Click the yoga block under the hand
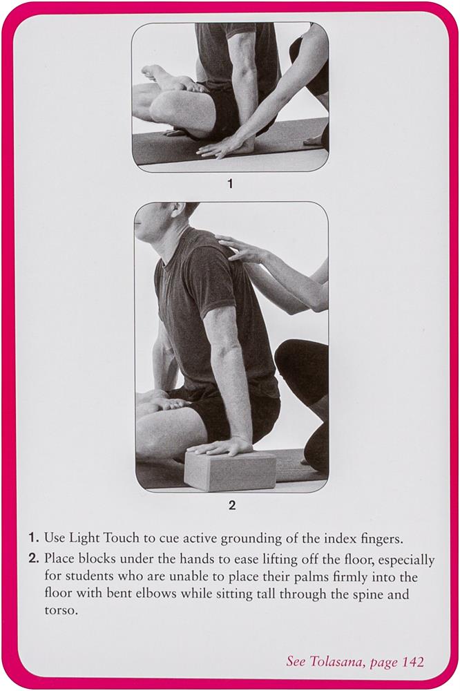(231, 470)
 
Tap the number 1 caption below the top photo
(229, 183)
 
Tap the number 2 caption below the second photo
(232, 505)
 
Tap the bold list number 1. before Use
(35, 538)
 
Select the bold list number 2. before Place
(35, 560)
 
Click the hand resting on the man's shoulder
(241, 249)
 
